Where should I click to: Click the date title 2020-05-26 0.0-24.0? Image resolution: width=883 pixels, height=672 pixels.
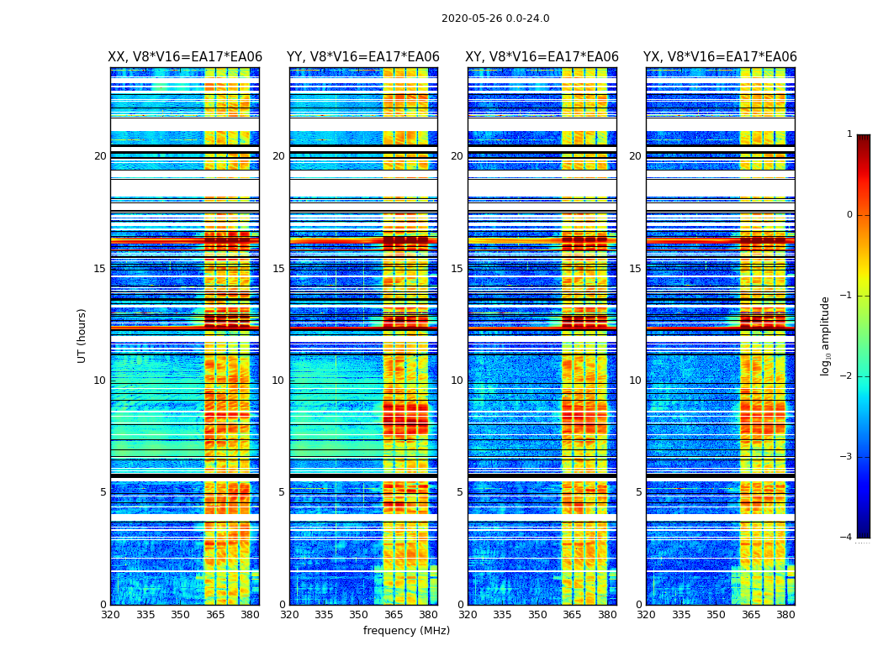click(x=495, y=18)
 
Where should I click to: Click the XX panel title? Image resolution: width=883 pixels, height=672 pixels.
click(x=185, y=57)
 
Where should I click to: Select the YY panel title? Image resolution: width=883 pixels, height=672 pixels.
click(x=363, y=57)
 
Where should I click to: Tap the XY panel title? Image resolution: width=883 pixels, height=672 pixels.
click(x=542, y=57)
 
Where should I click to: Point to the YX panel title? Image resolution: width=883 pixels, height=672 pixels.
click(x=720, y=57)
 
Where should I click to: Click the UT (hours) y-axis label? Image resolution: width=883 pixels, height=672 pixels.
click(x=82, y=335)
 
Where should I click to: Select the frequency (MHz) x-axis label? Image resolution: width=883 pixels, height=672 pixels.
click(x=406, y=631)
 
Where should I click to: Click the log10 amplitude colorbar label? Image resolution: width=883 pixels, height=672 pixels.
click(x=826, y=335)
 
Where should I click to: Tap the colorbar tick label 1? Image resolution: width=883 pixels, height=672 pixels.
click(x=849, y=134)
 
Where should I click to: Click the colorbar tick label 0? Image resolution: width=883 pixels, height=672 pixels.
click(x=849, y=215)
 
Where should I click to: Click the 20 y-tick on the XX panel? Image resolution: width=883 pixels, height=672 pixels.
click(x=100, y=156)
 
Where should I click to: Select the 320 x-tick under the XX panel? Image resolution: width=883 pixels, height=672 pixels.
click(x=110, y=615)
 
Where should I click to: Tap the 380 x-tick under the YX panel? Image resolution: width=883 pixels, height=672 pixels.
click(x=785, y=615)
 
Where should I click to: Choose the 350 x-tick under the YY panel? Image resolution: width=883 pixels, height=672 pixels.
click(x=359, y=615)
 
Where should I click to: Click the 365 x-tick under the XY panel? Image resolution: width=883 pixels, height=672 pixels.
click(x=572, y=615)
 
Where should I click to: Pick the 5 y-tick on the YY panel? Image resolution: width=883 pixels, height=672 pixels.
click(x=282, y=492)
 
